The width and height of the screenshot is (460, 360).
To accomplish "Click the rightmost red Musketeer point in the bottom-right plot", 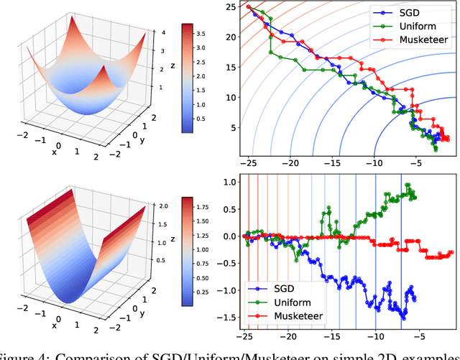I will pyautogui.click(x=451, y=252).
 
